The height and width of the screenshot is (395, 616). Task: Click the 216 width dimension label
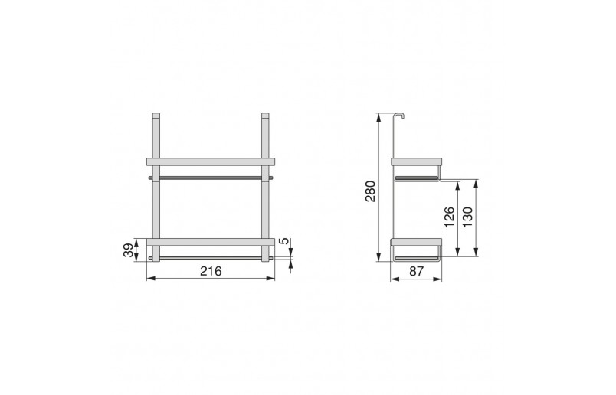click(211, 271)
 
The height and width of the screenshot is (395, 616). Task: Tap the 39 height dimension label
click(129, 250)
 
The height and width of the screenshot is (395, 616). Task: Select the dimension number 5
click(283, 240)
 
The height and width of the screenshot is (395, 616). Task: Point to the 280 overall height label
click(371, 191)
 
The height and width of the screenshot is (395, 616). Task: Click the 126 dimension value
click(450, 217)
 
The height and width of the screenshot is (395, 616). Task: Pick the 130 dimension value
click(467, 217)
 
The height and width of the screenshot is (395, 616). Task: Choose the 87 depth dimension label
click(417, 271)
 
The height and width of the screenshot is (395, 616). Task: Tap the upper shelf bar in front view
click(211, 162)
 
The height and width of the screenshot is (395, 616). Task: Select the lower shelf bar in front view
click(211, 242)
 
